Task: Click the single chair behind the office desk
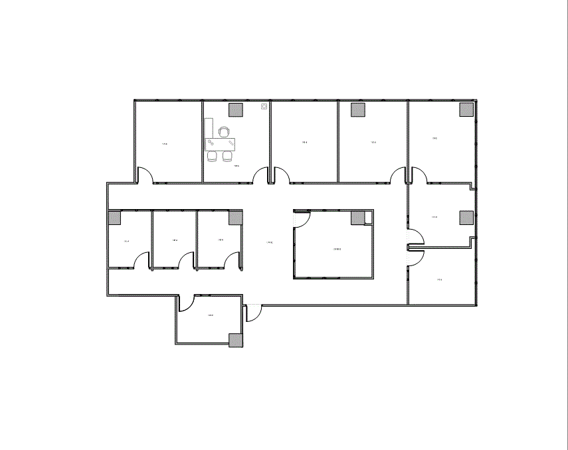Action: pyautogui.click(x=224, y=131)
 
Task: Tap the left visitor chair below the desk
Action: pyautogui.click(x=213, y=156)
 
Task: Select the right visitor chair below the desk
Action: pyautogui.click(x=227, y=156)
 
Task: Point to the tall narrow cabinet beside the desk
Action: pyautogui.click(x=208, y=129)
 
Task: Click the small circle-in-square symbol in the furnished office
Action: pyautogui.click(x=264, y=106)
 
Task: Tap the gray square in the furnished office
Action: pyautogui.click(x=236, y=110)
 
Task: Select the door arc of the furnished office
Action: pyautogui.click(x=260, y=175)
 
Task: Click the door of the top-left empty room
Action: pyautogui.click(x=145, y=175)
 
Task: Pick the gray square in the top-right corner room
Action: pyautogui.click(x=466, y=110)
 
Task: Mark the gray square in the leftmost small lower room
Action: pyautogui.click(x=115, y=218)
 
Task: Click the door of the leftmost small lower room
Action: pyautogui.click(x=141, y=260)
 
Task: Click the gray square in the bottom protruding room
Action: pyautogui.click(x=236, y=340)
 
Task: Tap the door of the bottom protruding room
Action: pyautogui.click(x=186, y=303)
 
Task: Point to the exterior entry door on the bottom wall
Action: pyautogui.click(x=253, y=313)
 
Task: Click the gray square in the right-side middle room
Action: pyautogui.click(x=466, y=218)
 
